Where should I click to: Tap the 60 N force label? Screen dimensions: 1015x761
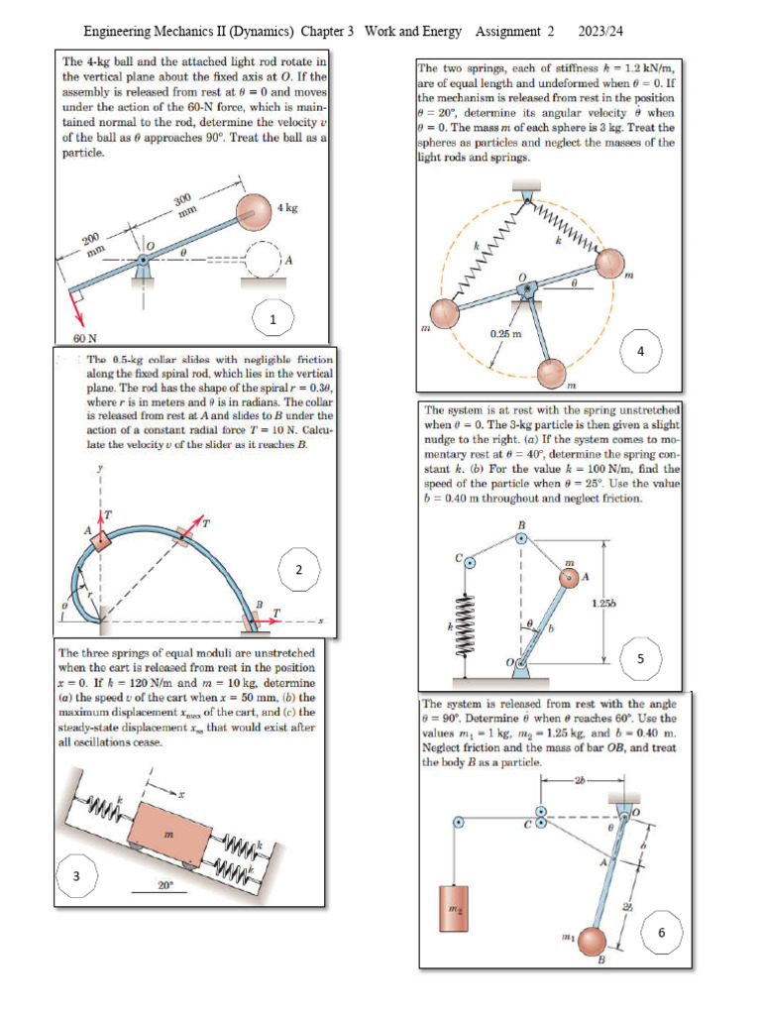click(71, 337)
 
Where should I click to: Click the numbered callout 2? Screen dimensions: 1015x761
click(298, 568)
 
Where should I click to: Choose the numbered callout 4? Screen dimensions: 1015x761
click(641, 351)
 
